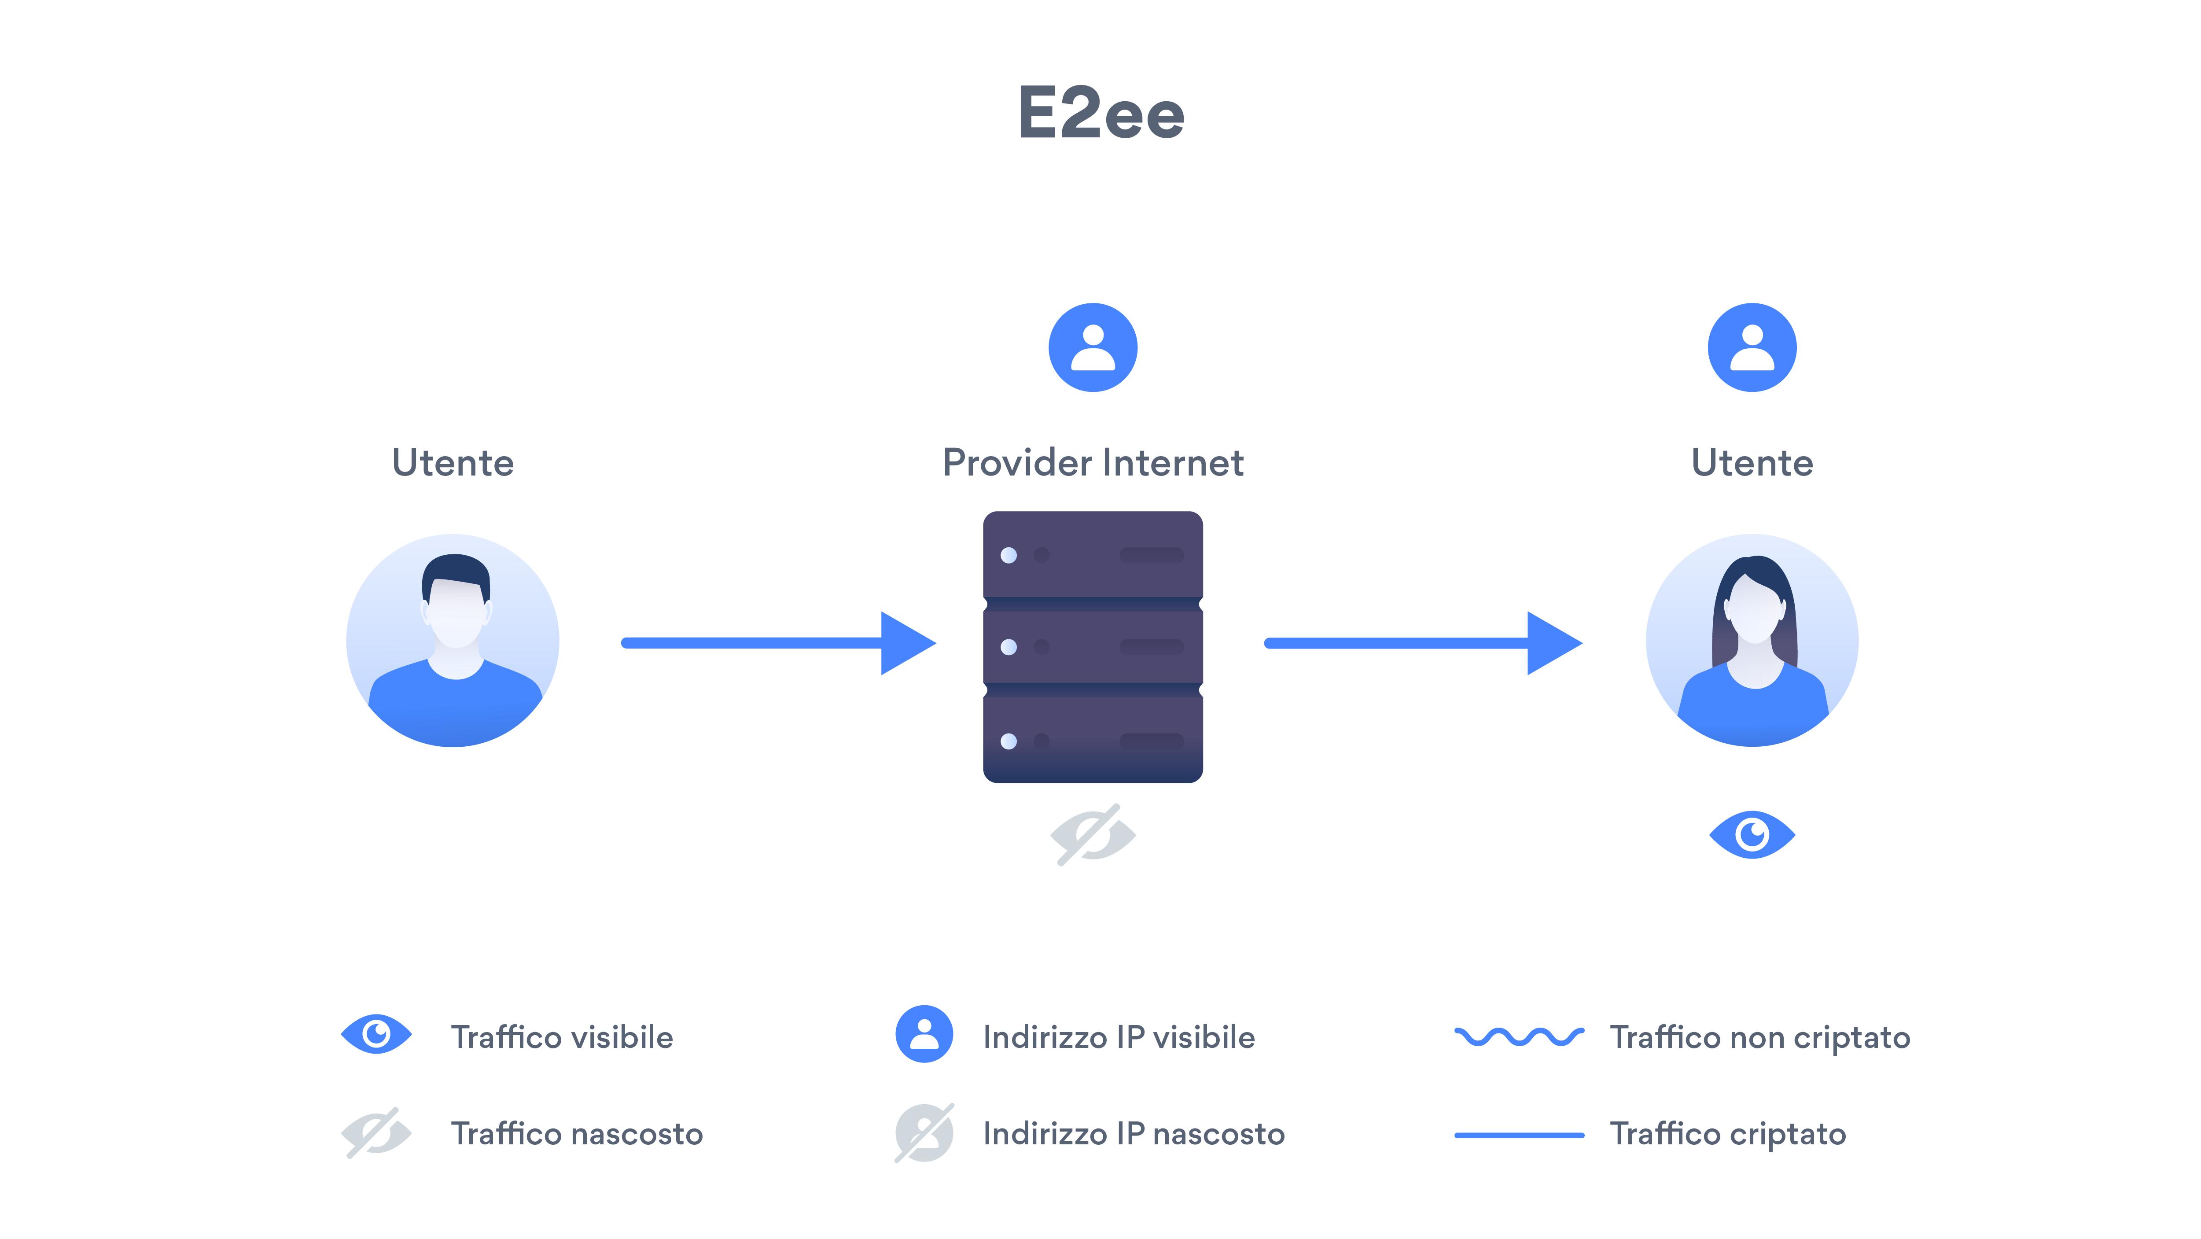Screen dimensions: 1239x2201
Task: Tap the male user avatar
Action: (x=453, y=641)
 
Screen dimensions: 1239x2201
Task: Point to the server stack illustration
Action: (x=1093, y=647)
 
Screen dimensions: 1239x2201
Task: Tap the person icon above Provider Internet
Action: (x=1093, y=348)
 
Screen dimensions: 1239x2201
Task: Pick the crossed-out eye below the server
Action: (x=1093, y=835)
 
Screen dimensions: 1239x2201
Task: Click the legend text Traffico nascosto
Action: (x=577, y=1134)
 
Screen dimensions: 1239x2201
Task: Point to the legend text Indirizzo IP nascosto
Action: (x=1134, y=1134)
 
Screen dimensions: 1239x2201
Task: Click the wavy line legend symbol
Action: (x=1519, y=1036)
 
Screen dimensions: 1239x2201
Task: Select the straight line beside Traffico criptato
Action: (x=1519, y=1135)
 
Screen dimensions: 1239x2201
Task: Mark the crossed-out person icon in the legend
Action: (x=924, y=1133)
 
